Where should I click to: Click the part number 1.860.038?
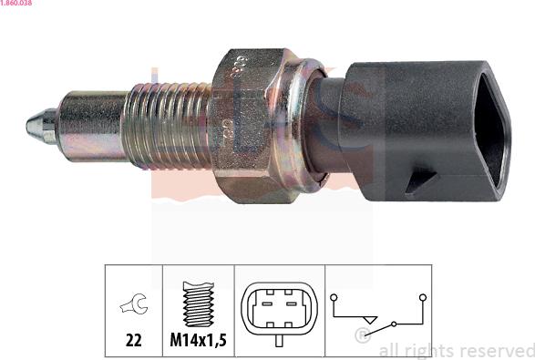tap(17, 4)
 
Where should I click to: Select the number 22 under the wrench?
tap(134, 340)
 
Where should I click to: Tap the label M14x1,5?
tap(198, 340)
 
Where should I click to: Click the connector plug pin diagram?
tap(278, 310)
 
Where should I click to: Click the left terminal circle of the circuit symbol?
tap(334, 296)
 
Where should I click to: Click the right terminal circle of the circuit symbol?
tap(422, 296)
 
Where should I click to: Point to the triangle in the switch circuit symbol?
tap(368, 321)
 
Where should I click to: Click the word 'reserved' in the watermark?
tap(499, 351)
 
